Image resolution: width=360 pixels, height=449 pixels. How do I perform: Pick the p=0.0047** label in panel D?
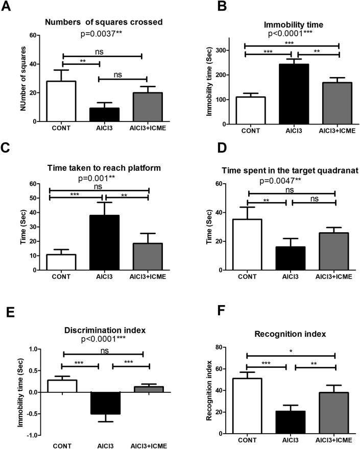pyautogui.click(x=283, y=181)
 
